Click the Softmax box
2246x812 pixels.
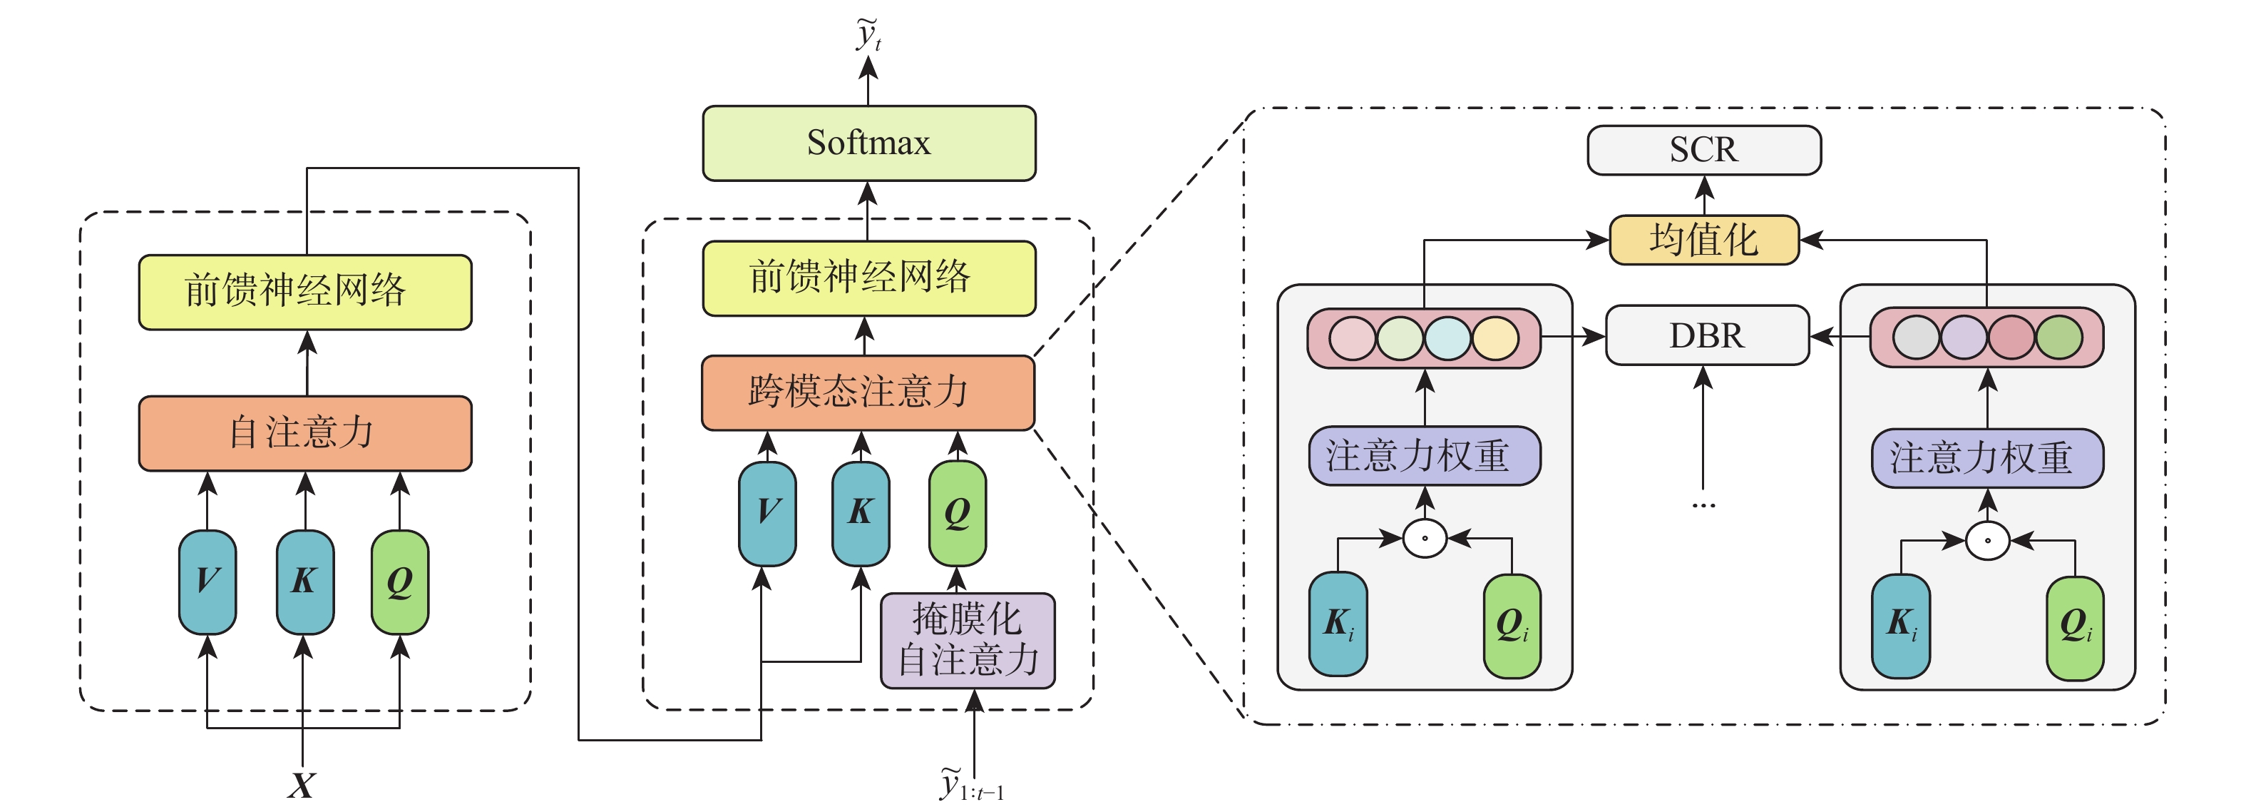click(x=868, y=143)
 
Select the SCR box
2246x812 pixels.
click(x=1703, y=150)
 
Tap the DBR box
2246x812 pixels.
click(x=1706, y=335)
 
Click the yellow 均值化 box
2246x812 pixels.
click(x=1703, y=240)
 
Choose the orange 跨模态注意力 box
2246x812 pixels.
click(x=868, y=392)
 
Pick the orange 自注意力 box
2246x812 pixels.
click(x=304, y=432)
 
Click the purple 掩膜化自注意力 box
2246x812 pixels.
click(x=967, y=640)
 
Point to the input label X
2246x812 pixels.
click(x=302, y=785)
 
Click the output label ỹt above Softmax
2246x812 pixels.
click(x=868, y=35)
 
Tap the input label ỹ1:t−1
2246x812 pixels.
click(x=970, y=784)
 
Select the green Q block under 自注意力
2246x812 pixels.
click(x=399, y=581)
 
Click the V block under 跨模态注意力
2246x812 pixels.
click(x=767, y=513)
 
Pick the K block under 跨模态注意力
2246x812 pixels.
click(x=861, y=513)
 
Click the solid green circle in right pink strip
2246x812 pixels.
click(x=2058, y=338)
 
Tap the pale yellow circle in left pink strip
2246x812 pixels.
click(x=1495, y=339)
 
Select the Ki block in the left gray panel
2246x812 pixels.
click(x=1338, y=623)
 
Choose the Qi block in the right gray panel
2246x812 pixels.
click(x=2075, y=626)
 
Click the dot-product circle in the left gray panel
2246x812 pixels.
click(x=1425, y=538)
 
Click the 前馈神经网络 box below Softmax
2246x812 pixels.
click(x=868, y=278)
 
